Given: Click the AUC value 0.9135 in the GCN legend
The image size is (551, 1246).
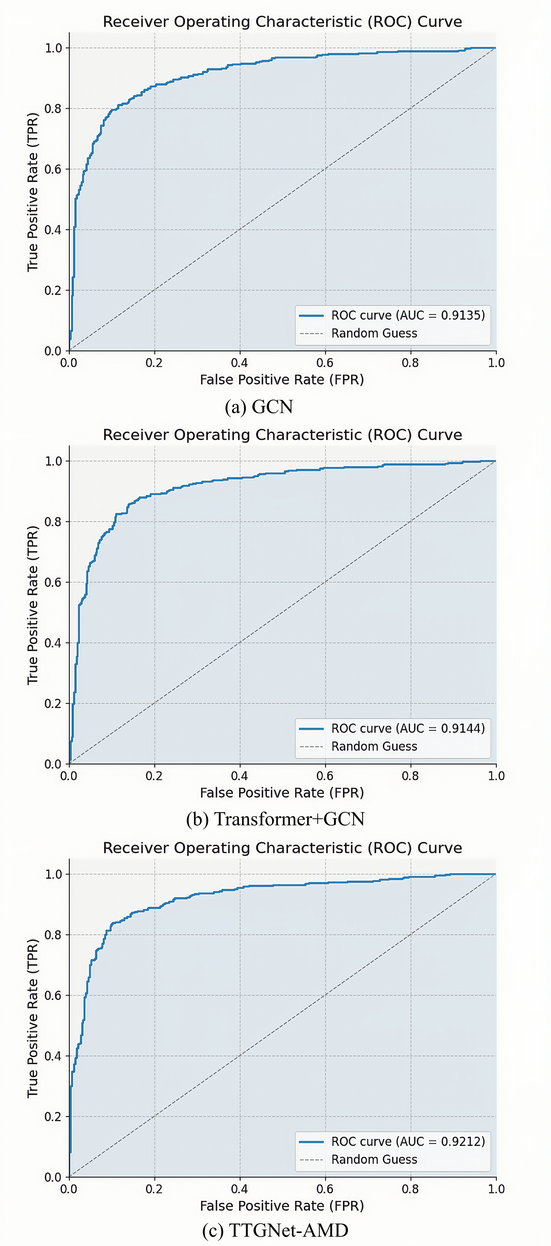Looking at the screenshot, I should (x=462, y=315).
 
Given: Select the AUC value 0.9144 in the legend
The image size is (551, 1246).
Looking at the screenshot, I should (x=462, y=728).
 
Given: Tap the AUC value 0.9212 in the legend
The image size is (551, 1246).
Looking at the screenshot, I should (x=462, y=1142).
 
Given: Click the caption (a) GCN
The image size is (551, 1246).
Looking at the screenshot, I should (x=259, y=407).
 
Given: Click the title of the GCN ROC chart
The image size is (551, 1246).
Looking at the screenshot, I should (x=282, y=22).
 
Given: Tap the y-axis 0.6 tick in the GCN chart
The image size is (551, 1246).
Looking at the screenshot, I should (x=53, y=169).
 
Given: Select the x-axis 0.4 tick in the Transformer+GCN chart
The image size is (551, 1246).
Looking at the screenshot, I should (x=240, y=776).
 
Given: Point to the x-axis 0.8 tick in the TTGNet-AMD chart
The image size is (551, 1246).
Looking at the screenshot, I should (x=410, y=1189).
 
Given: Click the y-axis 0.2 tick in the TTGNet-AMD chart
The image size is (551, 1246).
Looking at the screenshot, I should (x=53, y=1116).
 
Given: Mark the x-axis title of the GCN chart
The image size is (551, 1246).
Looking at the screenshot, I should (x=282, y=380).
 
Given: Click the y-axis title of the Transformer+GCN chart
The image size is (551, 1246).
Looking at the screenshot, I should (x=32, y=605).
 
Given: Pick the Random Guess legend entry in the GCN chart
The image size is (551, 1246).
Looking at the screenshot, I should (x=374, y=333).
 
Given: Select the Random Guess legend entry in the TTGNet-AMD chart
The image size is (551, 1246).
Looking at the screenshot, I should (x=374, y=1159).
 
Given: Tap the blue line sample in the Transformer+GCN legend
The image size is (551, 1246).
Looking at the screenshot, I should (x=311, y=728).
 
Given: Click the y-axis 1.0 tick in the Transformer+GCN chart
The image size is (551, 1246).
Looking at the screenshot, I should (x=53, y=461).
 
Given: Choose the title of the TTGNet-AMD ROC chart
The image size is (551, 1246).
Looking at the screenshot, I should (x=282, y=848).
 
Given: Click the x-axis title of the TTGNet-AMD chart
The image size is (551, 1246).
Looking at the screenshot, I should (x=282, y=1206).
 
